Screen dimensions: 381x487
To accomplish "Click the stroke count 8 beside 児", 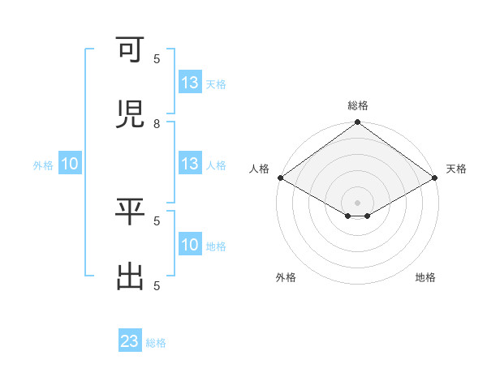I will (x=157, y=123).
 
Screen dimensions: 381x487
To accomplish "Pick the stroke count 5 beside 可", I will (x=157, y=58).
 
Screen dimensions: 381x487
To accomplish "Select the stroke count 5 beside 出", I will (x=157, y=285).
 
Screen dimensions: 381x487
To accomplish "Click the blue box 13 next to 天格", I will (x=190, y=83).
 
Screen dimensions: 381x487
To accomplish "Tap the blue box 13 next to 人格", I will (x=190, y=164).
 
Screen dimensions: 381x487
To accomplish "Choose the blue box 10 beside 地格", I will (x=190, y=245).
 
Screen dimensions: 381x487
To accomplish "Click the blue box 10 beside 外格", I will (x=70, y=164).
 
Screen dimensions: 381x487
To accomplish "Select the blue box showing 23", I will (x=130, y=341).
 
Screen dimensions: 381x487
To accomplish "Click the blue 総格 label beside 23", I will (x=157, y=343).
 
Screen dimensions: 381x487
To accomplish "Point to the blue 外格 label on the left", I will (x=43, y=165).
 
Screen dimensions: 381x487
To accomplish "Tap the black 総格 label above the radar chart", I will (x=358, y=105).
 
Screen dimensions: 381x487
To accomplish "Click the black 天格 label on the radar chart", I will (x=457, y=169).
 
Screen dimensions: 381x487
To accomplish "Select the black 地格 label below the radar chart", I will (x=425, y=277).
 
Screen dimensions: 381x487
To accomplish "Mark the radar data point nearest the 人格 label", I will (x=280, y=178).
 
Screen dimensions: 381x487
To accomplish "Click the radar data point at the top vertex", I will (x=358, y=123).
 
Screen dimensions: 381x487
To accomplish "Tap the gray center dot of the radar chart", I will (x=358, y=202).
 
